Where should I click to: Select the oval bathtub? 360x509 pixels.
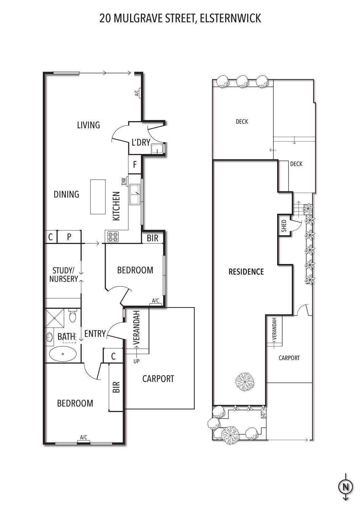pyautogui.click(x=63, y=354)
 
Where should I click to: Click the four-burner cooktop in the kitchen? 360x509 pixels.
pyautogui.click(x=113, y=237)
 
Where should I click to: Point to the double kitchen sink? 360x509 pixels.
pyautogui.click(x=134, y=194)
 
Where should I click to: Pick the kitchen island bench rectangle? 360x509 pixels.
pyautogui.click(x=98, y=197)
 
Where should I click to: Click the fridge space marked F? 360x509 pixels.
pyautogui.click(x=135, y=164)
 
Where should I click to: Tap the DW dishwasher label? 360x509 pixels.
pyautogui.click(x=124, y=181)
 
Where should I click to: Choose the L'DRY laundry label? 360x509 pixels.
pyautogui.click(x=141, y=143)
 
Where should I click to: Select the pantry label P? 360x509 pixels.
pyautogui.click(x=69, y=237)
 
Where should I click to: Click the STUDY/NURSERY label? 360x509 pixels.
pyautogui.click(x=64, y=275)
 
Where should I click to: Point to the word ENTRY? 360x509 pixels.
pyautogui.click(x=95, y=334)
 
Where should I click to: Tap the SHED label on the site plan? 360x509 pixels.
pyautogui.click(x=284, y=226)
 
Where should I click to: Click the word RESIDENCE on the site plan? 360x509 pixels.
pyautogui.click(x=246, y=272)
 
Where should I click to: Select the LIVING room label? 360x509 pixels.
pyautogui.click(x=88, y=125)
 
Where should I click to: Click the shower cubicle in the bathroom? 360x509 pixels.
pyautogui.click(x=55, y=318)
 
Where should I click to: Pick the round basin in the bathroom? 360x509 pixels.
pyautogui.click(x=49, y=337)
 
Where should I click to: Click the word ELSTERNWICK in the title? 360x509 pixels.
pyautogui.click(x=230, y=18)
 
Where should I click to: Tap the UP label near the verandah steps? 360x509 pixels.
pyautogui.click(x=137, y=361)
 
